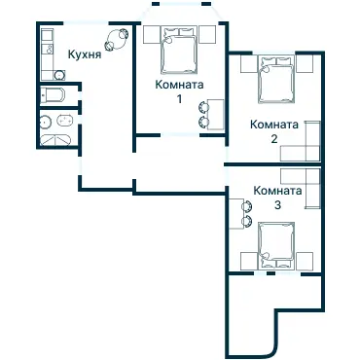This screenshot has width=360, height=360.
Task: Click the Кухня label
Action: [85, 56]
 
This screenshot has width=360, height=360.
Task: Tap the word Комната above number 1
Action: [179, 85]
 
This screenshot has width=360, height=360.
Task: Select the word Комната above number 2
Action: [274, 124]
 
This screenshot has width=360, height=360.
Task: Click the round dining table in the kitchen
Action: [118, 41]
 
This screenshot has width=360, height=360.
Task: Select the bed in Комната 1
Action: [179, 50]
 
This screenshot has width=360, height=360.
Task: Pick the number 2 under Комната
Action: [274, 138]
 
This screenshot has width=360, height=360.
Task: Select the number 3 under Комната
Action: [277, 205]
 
